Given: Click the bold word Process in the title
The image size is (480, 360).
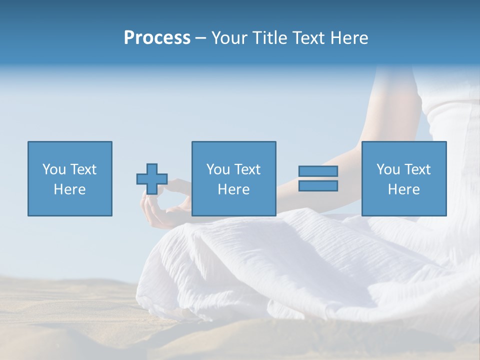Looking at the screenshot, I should coord(157,38).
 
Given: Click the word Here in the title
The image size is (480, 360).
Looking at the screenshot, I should coord(349,38).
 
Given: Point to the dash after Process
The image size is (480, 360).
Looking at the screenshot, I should coord(200,38).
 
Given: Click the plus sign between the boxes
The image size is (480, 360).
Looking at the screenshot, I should coord(152,179).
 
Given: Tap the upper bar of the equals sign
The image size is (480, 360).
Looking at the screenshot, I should coord(318,171).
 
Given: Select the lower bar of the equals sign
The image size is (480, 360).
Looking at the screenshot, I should coord(318,185).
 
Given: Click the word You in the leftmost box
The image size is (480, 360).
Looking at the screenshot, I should coord(53,169).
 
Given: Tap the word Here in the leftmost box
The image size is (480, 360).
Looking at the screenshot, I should coord(70,189).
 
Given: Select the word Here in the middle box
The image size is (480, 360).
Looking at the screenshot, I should coord(234,189).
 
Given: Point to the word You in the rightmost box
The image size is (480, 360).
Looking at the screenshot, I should coord(387,169).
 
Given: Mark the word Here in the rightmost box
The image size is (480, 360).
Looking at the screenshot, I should coord(404,189).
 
